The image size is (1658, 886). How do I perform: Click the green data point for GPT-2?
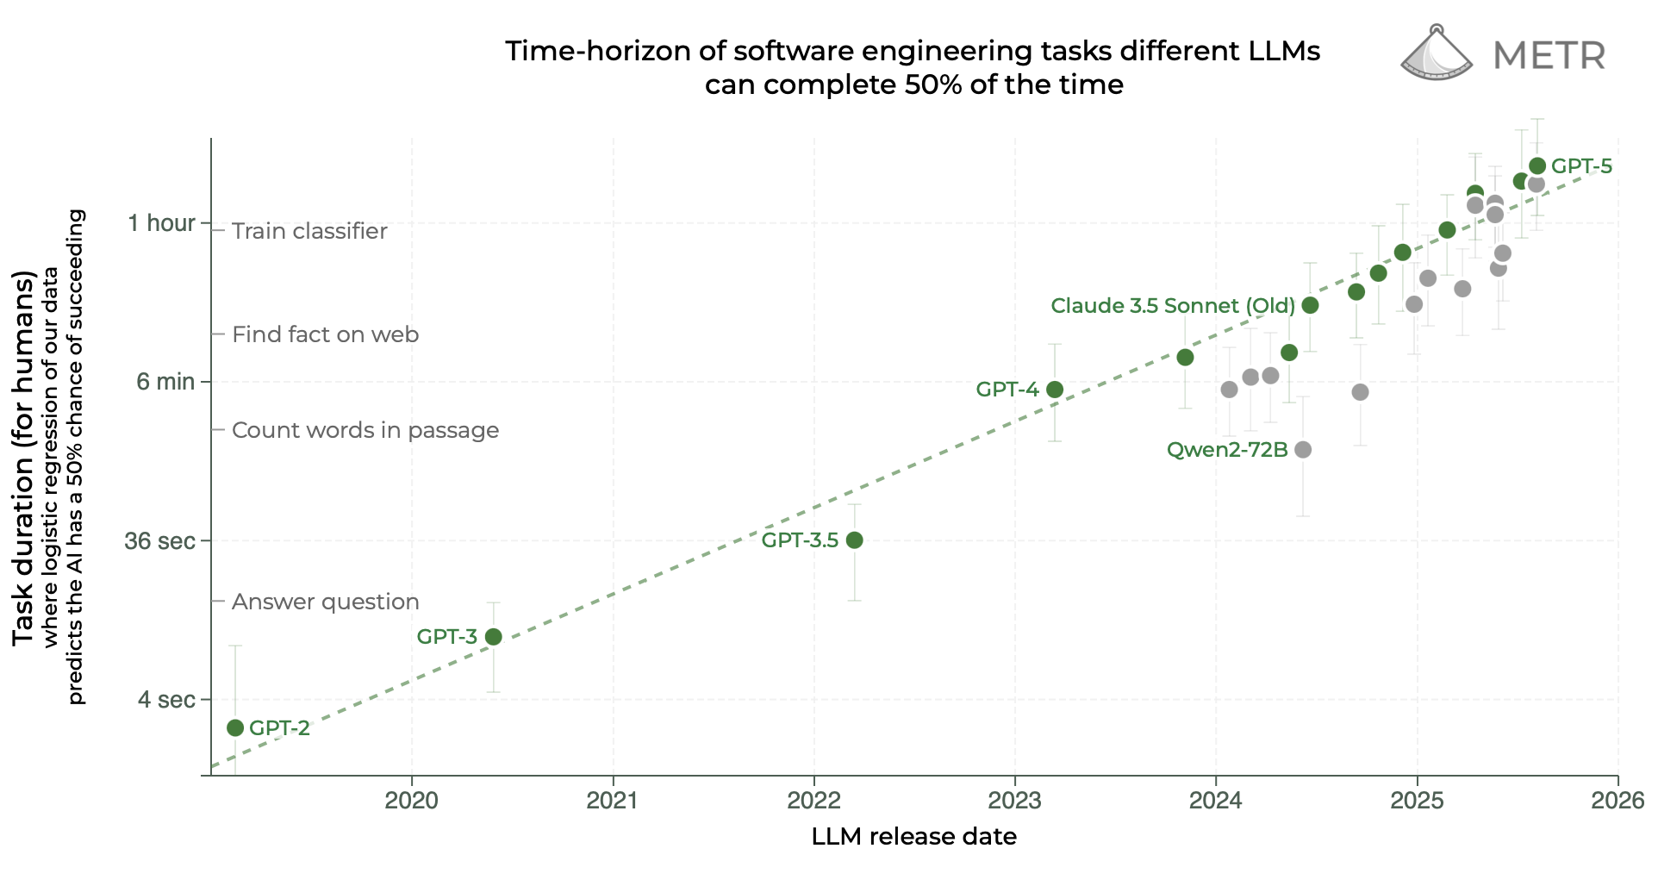point(235,728)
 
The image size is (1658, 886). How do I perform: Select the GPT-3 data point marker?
point(494,637)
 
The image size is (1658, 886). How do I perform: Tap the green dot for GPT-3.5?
point(854,540)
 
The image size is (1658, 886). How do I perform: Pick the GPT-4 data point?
point(1054,390)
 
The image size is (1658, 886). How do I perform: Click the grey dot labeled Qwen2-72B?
point(1303,450)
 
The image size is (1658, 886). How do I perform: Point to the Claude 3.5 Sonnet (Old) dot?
point(1310,305)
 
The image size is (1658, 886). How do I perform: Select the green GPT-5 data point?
point(1537,165)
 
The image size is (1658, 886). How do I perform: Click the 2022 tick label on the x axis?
point(813,801)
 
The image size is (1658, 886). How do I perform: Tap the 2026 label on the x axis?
point(1617,801)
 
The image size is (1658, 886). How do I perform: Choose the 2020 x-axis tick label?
point(411,801)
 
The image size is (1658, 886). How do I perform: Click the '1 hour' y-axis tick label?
point(161,223)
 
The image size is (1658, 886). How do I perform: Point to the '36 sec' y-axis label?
point(159,541)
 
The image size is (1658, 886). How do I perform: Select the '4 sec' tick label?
point(166,700)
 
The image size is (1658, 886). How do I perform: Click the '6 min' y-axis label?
point(165,382)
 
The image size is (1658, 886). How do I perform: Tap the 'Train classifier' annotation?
point(309,231)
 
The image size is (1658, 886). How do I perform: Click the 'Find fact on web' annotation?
point(325,334)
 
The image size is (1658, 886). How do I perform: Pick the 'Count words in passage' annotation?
point(365,430)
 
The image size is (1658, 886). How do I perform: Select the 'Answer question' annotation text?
point(325,602)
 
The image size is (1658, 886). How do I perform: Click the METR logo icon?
point(1437,53)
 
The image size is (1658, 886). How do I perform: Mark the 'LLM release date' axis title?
point(913,837)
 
